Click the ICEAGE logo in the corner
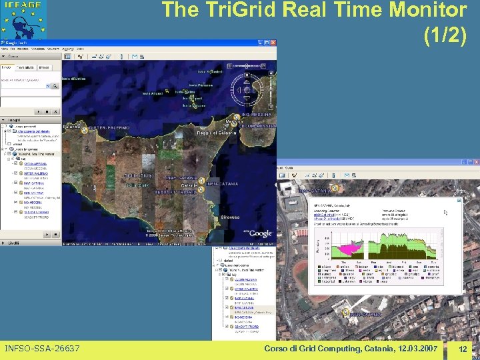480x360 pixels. coord(23,19)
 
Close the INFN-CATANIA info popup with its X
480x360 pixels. coord(459,199)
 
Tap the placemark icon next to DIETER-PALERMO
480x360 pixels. coord(84,131)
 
